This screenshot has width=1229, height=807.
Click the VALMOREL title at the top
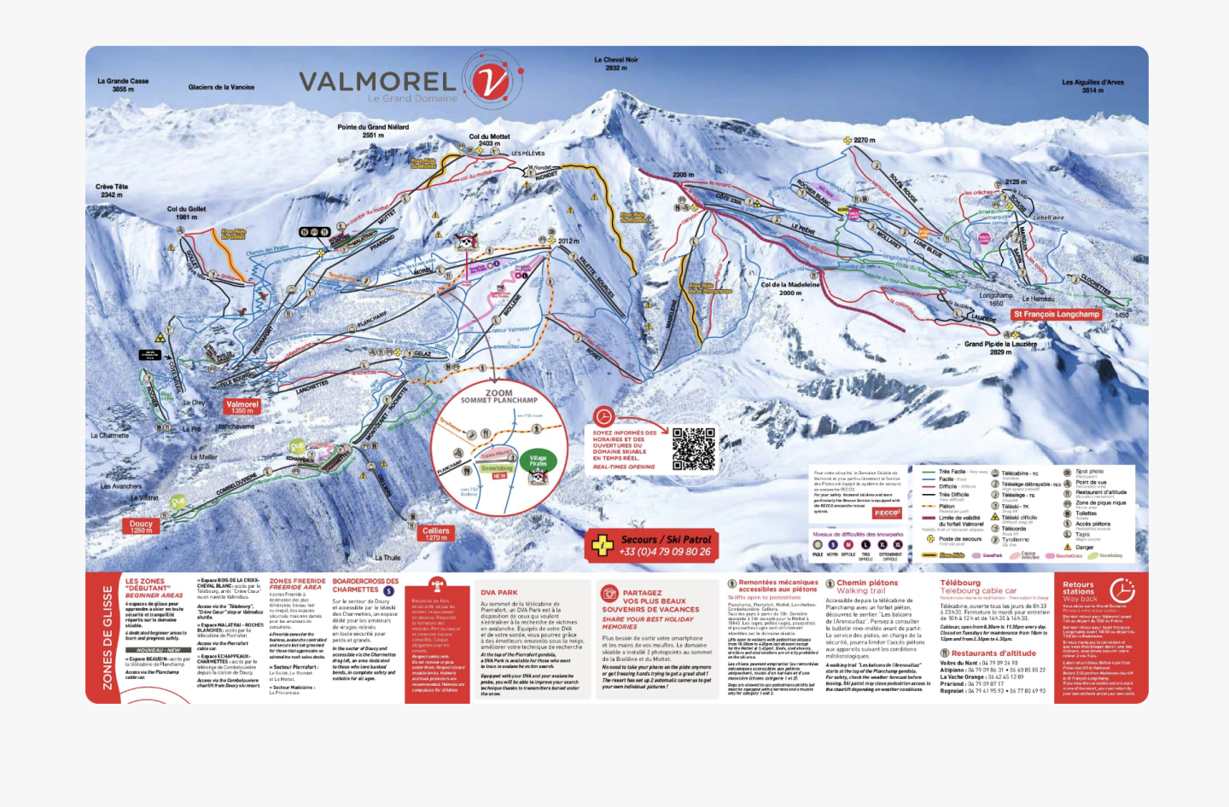(376, 82)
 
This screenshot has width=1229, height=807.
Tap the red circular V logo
(492, 82)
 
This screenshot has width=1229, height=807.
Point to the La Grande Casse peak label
(123, 85)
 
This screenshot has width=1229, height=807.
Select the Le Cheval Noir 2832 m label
(616, 64)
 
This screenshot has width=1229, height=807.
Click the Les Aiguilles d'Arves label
(1092, 86)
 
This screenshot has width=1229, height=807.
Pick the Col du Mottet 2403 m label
(489, 140)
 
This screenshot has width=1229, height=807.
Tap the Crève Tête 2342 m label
(112, 190)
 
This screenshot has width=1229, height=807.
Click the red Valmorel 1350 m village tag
(242, 407)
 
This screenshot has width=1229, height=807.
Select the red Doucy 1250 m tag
(141, 526)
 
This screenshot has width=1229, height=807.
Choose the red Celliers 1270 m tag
(436, 533)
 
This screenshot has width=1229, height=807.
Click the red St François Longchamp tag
(1057, 314)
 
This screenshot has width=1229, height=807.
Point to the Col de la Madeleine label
(789, 288)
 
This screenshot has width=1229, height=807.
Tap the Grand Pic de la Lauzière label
(1000, 347)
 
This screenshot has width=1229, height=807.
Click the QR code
(693, 449)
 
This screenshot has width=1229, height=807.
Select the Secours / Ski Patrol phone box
(653, 544)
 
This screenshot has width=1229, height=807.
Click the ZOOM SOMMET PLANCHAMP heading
(499, 396)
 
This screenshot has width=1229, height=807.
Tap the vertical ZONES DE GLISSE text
(108, 637)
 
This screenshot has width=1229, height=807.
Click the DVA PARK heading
(498, 592)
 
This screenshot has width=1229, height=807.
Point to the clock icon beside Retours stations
(1121, 589)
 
